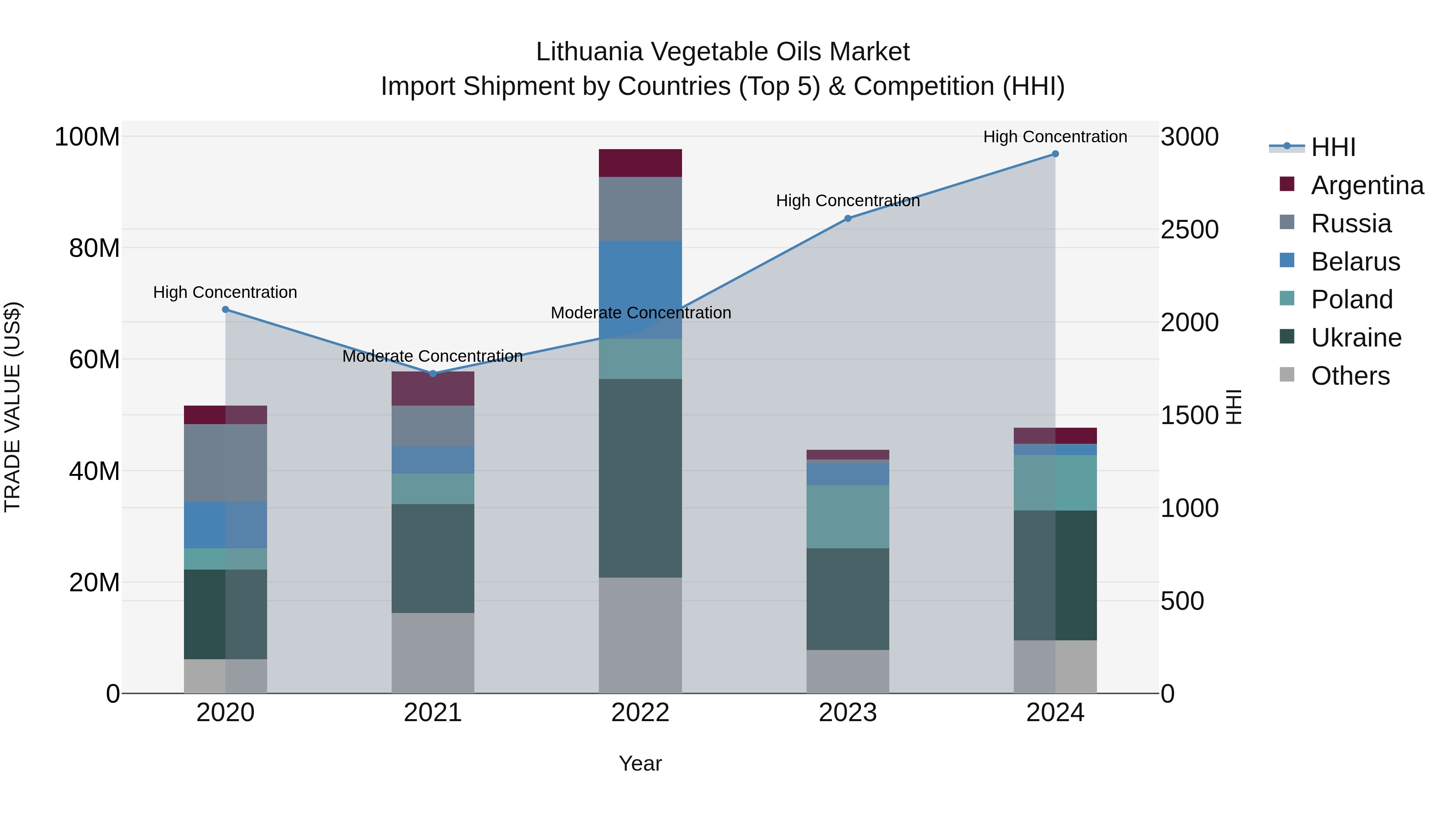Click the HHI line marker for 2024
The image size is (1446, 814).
point(1055,154)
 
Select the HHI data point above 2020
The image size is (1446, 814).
point(226,310)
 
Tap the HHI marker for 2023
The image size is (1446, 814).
point(848,219)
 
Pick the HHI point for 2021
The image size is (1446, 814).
point(433,373)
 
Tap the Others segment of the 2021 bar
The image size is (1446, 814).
point(433,653)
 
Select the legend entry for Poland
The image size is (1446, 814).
point(1351,299)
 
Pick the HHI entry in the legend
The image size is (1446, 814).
point(1333,147)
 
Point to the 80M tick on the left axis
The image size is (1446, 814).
point(94,248)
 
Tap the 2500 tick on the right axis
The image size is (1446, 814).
point(1189,230)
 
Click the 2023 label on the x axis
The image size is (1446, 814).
point(848,713)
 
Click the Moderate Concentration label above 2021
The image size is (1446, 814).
point(432,356)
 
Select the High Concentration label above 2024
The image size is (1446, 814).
point(1055,137)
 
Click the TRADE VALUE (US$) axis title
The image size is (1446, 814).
point(12,407)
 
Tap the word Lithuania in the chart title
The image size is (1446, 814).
point(589,52)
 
